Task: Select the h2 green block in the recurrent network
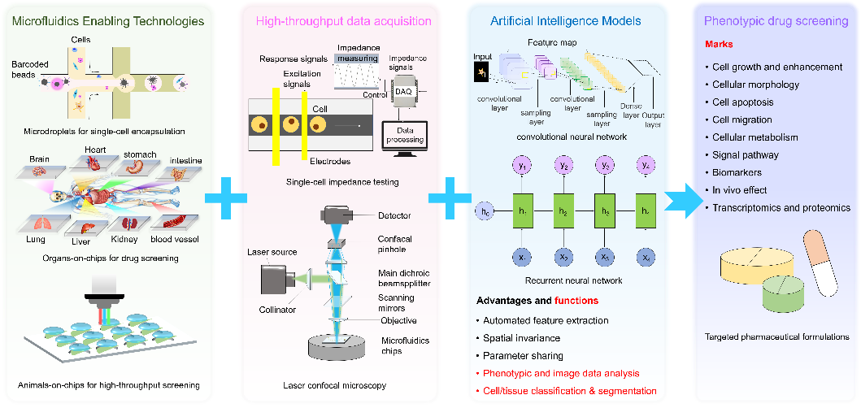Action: (x=563, y=211)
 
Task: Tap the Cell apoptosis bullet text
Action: (x=743, y=102)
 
